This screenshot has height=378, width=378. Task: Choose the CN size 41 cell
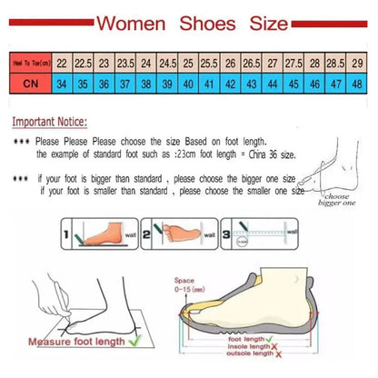click(188, 83)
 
